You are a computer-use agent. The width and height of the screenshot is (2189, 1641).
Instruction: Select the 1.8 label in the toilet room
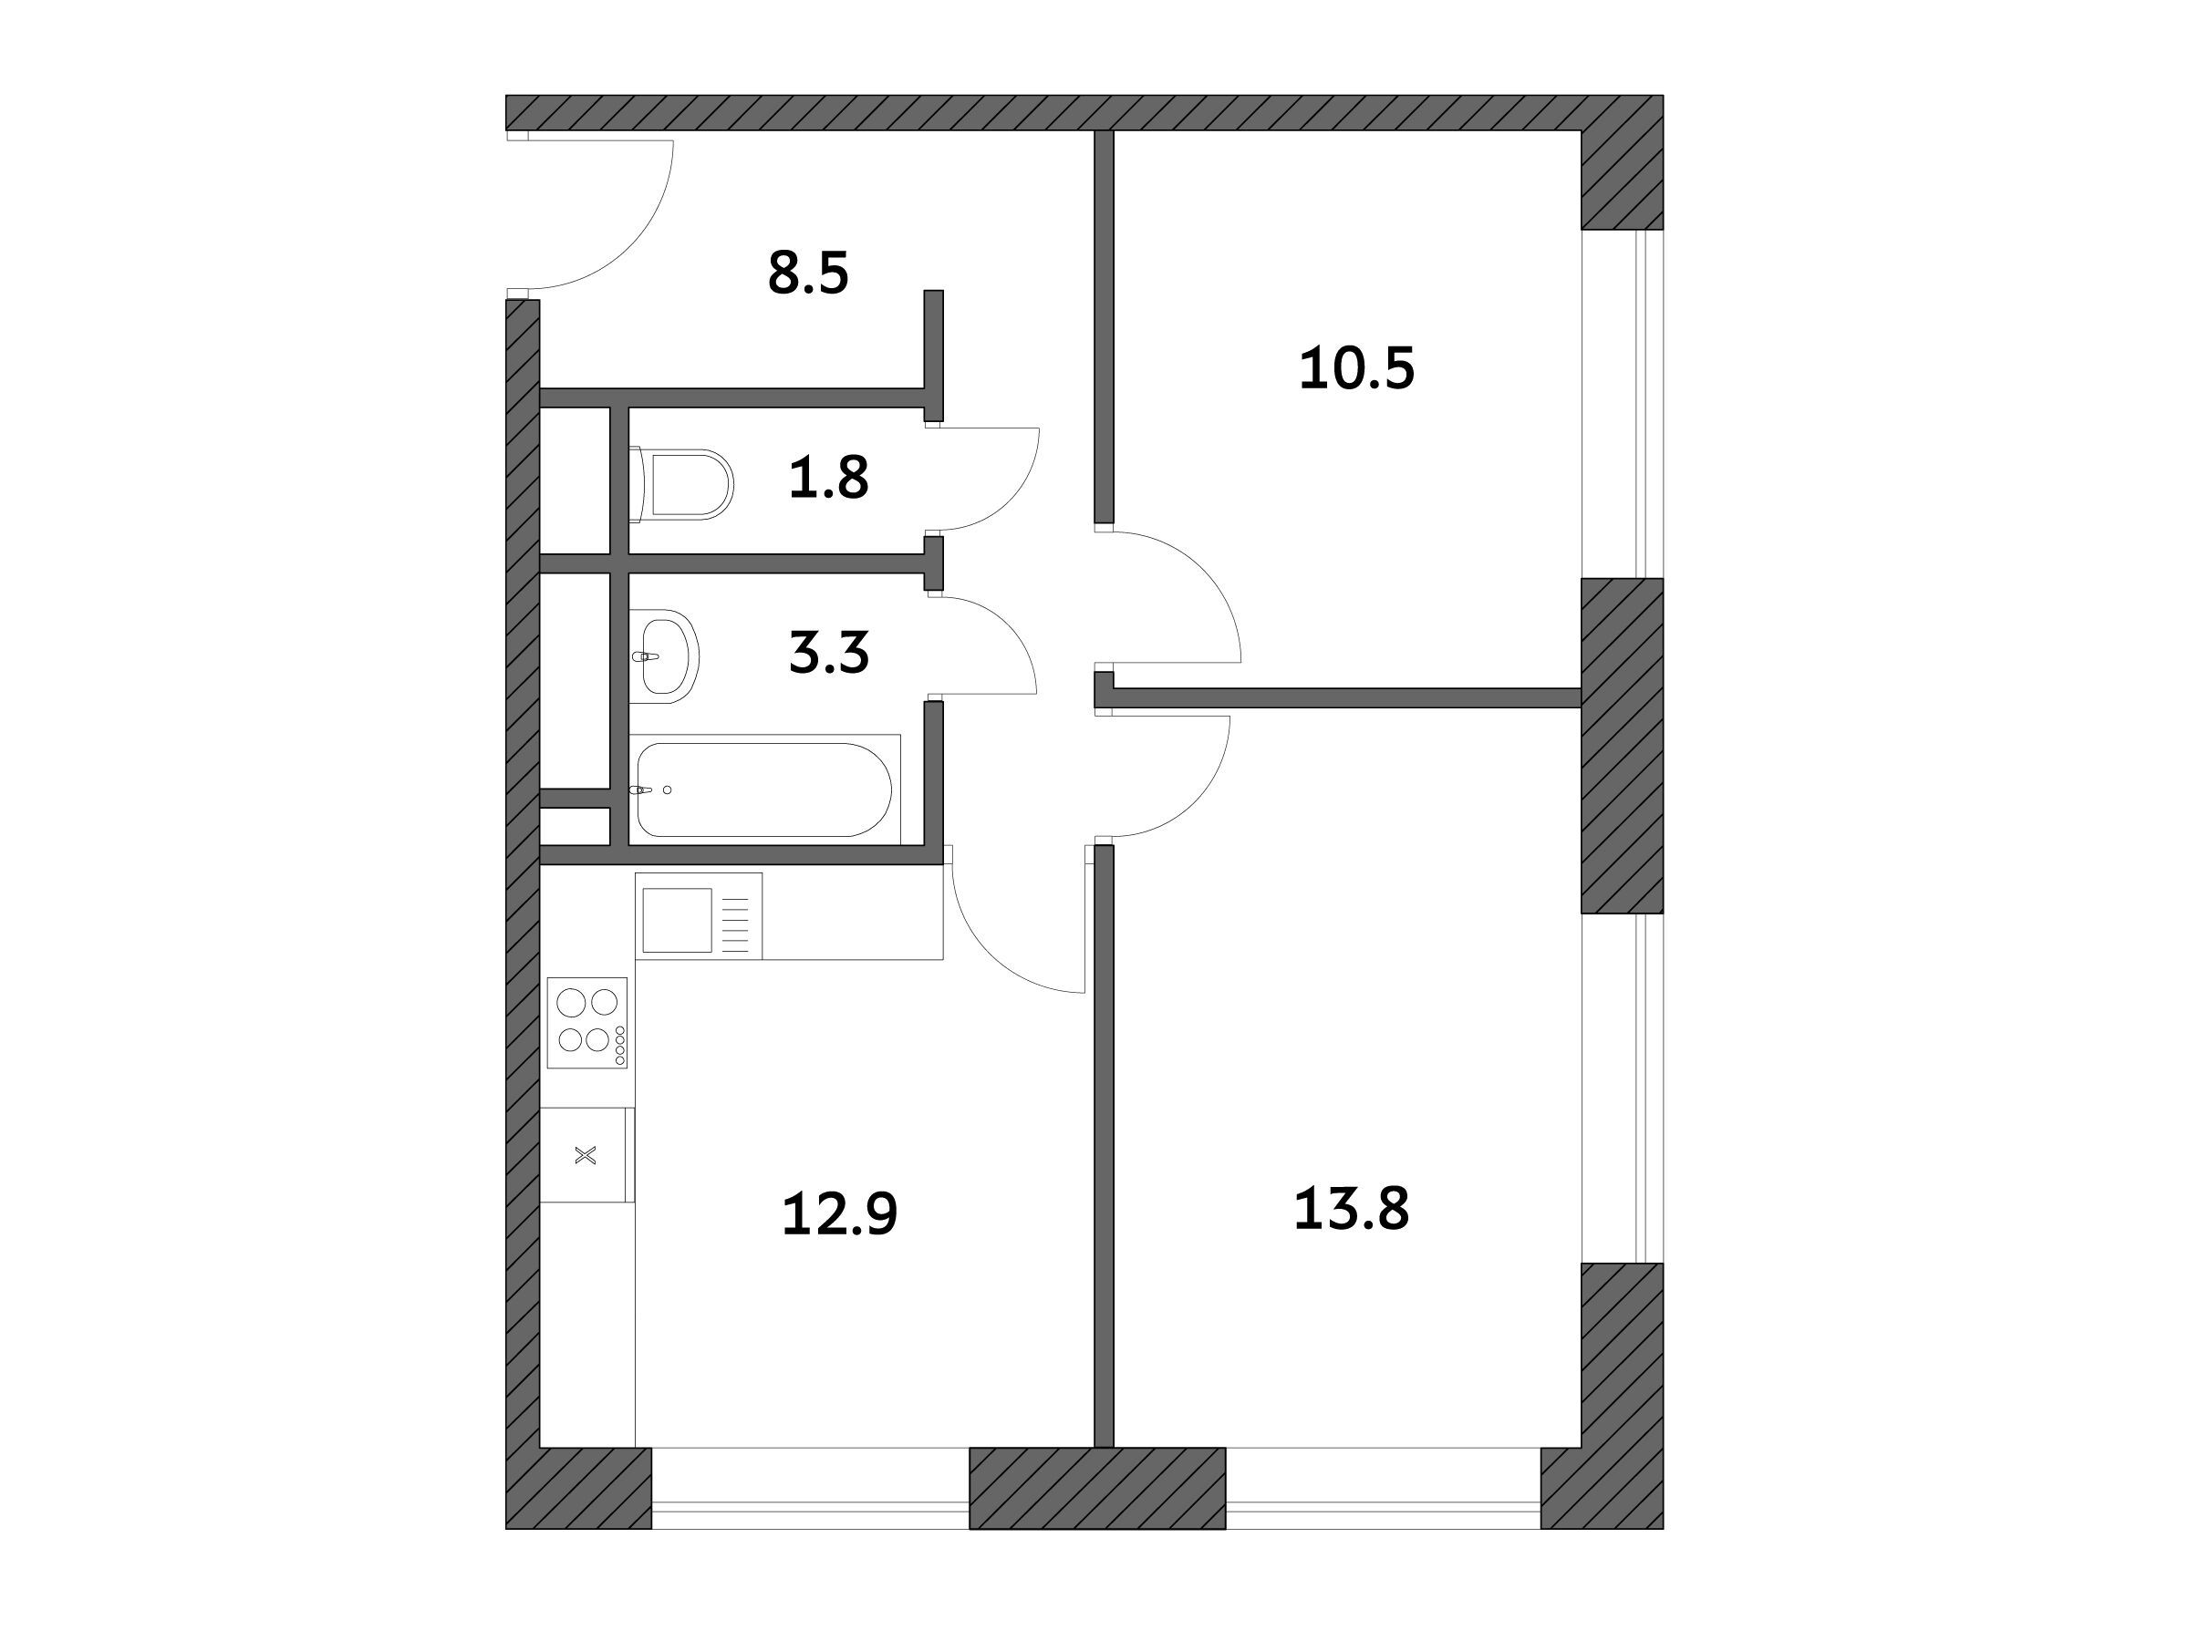(x=828, y=477)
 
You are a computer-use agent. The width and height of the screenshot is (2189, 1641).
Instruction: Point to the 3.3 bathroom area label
(x=828, y=653)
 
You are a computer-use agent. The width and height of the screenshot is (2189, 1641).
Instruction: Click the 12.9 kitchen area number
(x=839, y=1213)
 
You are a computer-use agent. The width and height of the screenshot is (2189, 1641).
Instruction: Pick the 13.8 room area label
(x=1351, y=1209)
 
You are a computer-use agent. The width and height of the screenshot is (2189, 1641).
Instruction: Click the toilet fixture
(x=680, y=485)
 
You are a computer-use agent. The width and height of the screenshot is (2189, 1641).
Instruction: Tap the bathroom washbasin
(x=664, y=655)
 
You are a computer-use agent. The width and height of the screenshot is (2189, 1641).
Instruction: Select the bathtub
(x=764, y=790)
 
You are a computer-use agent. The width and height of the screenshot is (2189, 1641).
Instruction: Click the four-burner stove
(x=586, y=1023)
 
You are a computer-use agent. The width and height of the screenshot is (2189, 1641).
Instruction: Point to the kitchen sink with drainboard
(x=699, y=916)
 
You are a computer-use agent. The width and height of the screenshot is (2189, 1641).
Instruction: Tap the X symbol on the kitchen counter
(x=586, y=1154)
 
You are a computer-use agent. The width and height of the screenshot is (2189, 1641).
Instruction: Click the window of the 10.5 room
(x=1622, y=404)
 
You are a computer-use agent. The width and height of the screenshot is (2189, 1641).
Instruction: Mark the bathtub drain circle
(x=667, y=790)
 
